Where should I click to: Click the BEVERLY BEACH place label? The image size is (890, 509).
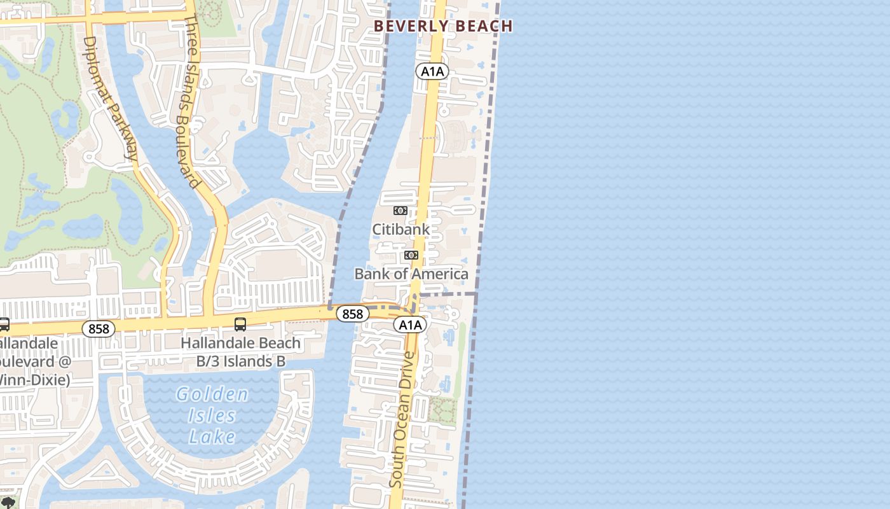[x=443, y=26]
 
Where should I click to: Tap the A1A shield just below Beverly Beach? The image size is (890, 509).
[x=432, y=71]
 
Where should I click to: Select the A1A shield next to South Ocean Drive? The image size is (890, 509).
[x=409, y=325]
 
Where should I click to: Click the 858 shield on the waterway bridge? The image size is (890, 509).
[x=352, y=314]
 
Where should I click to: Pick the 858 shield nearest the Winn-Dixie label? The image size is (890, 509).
[x=99, y=329]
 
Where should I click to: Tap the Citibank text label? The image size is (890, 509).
[x=400, y=229]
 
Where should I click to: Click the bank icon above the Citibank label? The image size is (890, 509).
[x=400, y=211]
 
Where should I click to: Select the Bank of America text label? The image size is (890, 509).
[x=411, y=274]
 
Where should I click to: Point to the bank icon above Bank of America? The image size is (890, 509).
[x=411, y=255]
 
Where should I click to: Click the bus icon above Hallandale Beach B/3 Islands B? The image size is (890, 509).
[x=240, y=324]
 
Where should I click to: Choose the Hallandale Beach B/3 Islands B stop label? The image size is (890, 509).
[x=240, y=352]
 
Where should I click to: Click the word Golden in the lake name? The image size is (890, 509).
[x=212, y=394]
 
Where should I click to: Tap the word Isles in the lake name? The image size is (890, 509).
[x=212, y=416]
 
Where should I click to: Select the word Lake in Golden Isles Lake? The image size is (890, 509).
[x=212, y=437]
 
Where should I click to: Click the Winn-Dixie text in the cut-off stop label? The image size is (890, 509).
[x=35, y=380]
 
